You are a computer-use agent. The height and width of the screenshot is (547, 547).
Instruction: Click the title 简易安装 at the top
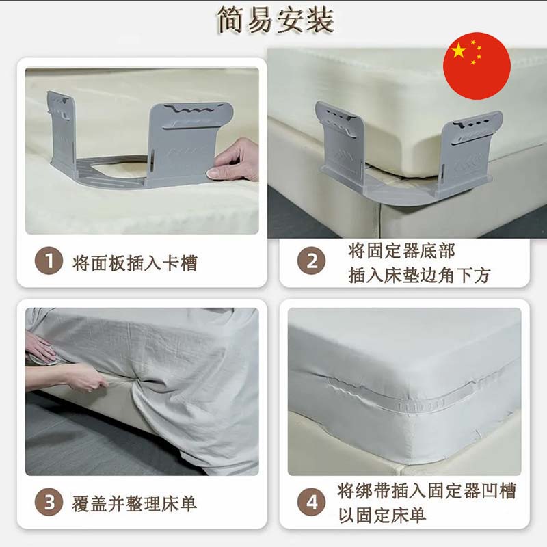(x=276, y=20)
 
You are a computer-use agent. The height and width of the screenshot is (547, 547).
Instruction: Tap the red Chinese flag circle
(x=477, y=66)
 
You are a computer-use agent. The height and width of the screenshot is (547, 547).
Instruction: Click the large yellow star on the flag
(x=458, y=51)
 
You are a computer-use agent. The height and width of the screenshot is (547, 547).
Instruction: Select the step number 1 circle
(x=49, y=261)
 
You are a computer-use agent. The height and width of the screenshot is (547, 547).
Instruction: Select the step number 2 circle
(x=311, y=261)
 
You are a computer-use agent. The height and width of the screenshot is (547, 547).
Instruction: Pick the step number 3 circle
(x=49, y=502)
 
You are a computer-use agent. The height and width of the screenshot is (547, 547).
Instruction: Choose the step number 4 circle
(x=311, y=502)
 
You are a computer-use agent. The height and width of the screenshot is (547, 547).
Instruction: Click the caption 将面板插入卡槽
(x=135, y=263)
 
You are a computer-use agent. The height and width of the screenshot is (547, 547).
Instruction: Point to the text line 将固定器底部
(x=401, y=251)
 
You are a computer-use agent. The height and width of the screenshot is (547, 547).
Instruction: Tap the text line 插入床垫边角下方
(x=419, y=276)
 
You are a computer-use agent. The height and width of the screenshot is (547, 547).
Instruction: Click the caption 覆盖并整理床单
(x=134, y=504)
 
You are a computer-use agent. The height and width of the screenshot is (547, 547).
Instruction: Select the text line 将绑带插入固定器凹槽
(x=426, y=491)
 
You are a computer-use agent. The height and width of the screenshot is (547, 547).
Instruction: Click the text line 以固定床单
(x=382, y=515)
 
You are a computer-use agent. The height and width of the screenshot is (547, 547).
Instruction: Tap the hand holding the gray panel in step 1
(x=234, y=160)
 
